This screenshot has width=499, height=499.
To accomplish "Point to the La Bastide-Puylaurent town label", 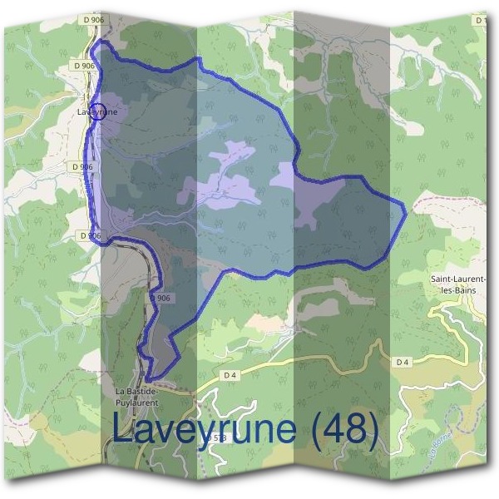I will [x=138, y=397].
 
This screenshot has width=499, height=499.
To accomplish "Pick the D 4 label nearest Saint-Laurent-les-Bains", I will [x=403, y=362].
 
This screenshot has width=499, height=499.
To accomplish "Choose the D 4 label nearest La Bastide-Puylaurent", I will [x=230, y=375].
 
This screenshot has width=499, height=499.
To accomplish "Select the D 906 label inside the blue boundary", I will [x=160, y=298].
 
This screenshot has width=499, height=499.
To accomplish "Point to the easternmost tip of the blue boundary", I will [x=406, y=211].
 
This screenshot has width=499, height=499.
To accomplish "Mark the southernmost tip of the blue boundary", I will [x=147, y=382].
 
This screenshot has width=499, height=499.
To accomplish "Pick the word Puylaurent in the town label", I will [x=138, y=403].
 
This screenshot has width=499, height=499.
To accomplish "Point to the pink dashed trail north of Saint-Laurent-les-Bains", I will [x=449, y=199].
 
